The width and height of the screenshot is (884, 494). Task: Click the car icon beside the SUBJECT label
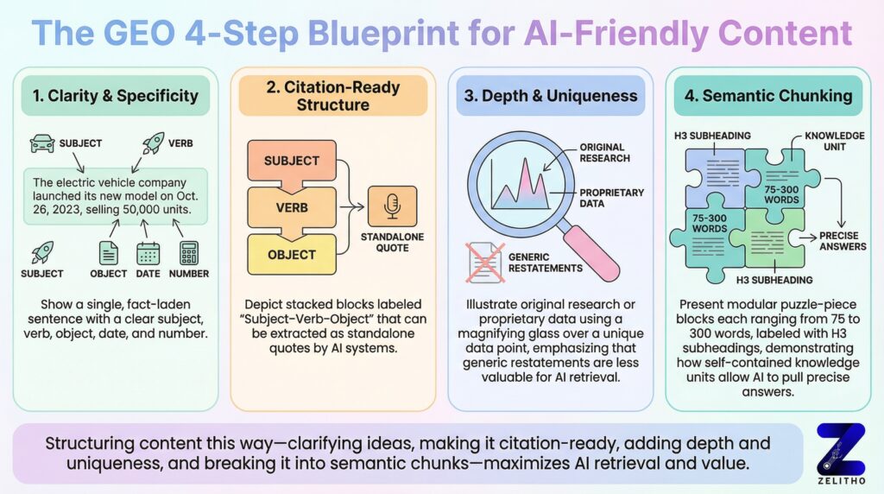click(x=41, y=142)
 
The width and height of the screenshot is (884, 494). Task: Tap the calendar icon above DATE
click(x=148, y=253)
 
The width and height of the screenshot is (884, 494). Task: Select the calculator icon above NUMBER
click(x=189, y=253)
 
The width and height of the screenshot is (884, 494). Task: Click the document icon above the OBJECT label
click(x=109, y=253)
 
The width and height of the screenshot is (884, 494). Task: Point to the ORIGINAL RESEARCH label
click(x=604, y=153)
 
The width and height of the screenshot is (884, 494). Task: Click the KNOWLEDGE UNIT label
click(x=833, y=142)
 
